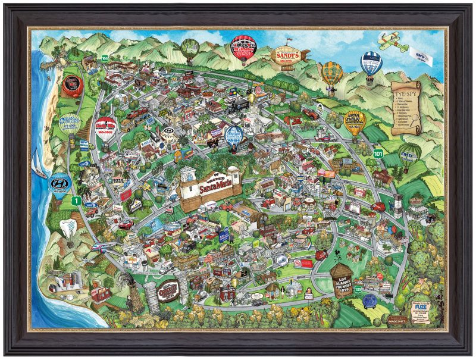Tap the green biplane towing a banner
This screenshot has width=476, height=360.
(392, 41)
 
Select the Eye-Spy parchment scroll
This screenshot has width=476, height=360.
(406, 107)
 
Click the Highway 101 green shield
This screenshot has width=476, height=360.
(378, 154)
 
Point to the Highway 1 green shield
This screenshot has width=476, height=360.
(76, 201)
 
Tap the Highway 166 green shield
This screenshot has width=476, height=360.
(105, 58)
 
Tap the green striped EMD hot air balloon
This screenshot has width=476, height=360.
(408, 154)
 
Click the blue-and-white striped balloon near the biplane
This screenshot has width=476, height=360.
(369, 63)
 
